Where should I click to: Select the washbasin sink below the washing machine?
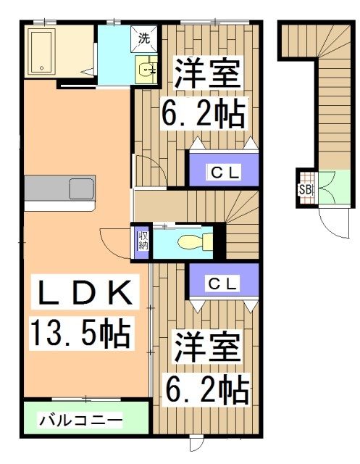coord(148,70)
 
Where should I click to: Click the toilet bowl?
coord(193,242)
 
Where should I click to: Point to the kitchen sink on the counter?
coord(81,189)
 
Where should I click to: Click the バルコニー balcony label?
coord(80,419)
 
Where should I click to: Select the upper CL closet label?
coord(224,172)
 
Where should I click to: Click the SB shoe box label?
coord(305,190)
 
